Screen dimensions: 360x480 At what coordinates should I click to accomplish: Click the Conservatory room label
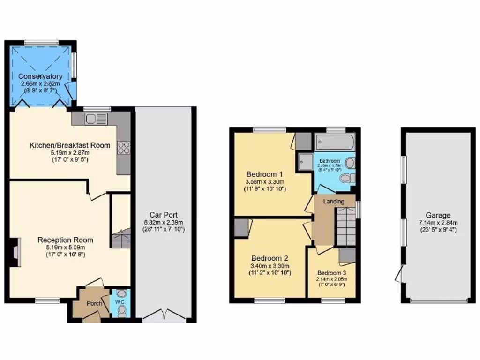coord(40,76)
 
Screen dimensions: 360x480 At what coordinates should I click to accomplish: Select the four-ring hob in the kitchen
coord(123,148)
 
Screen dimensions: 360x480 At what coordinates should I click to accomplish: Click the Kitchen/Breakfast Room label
coord(70,145)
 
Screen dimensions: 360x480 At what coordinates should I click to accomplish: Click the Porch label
coord(94,303)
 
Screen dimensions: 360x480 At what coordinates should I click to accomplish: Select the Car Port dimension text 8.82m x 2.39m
coord(163,223)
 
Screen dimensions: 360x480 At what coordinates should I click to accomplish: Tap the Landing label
coord(334,202)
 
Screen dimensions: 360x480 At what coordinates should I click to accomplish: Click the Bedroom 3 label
coord(331,273)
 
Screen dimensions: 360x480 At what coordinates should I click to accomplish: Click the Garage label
coord(438,216)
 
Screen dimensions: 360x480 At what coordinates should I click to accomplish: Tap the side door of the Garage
coord(398,274)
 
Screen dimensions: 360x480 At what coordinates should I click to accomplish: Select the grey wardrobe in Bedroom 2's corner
coord(241,227)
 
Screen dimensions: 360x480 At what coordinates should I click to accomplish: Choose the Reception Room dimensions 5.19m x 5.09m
coord(65,248)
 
